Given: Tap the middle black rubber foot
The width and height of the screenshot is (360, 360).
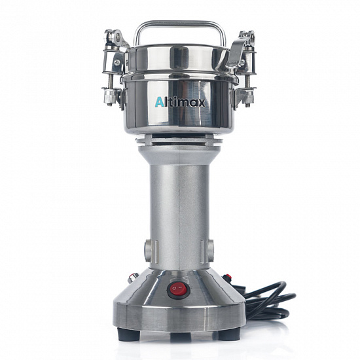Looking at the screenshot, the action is [x=181, y=337].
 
